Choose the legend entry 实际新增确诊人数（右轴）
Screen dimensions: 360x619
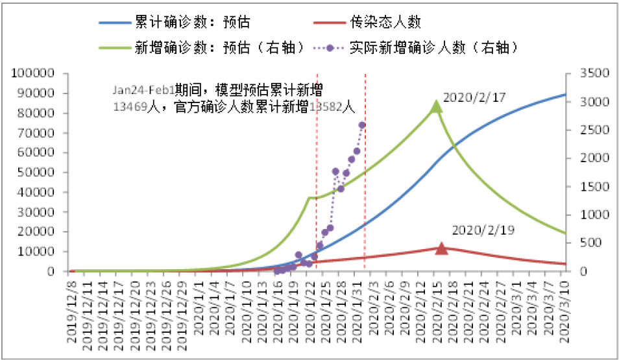(432, 47)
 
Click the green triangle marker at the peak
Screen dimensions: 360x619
(437, 106)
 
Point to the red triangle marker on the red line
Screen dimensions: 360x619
(441, 248)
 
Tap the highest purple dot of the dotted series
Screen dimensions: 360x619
(362, 125)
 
